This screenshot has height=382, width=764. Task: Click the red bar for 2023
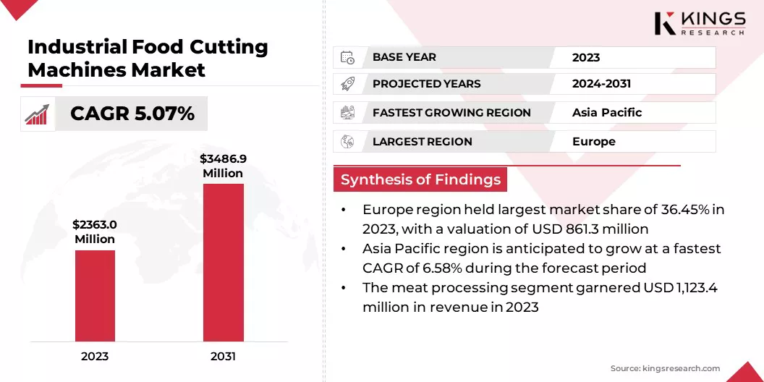(x=95, y=295)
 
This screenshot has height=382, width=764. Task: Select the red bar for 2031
(x=223, y=262)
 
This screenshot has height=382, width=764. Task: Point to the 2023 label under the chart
(x=95, y=356)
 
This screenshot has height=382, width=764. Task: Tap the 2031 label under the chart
(x=223, y=356)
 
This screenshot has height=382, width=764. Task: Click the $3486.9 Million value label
(x=223, y=166)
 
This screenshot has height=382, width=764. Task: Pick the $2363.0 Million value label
(x=95, y=232)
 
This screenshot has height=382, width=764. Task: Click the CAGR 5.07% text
(x=132, y=114)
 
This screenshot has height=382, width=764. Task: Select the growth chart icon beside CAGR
(x=37, y=114)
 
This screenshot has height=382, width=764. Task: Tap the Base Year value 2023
(x=586, y=57)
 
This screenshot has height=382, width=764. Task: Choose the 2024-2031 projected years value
(x=601, y=84)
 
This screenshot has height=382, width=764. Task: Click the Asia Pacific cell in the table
(x=607, y=112)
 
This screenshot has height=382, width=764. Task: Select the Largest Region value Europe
(x=594, y=141)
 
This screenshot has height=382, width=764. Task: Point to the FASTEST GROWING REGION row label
(x=451, y=112)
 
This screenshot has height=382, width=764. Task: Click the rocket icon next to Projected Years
(x=347, y=84)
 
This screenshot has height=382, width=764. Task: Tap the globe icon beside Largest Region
(x=347, y=141)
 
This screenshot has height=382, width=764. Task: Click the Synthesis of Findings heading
(x=420, y=180)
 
